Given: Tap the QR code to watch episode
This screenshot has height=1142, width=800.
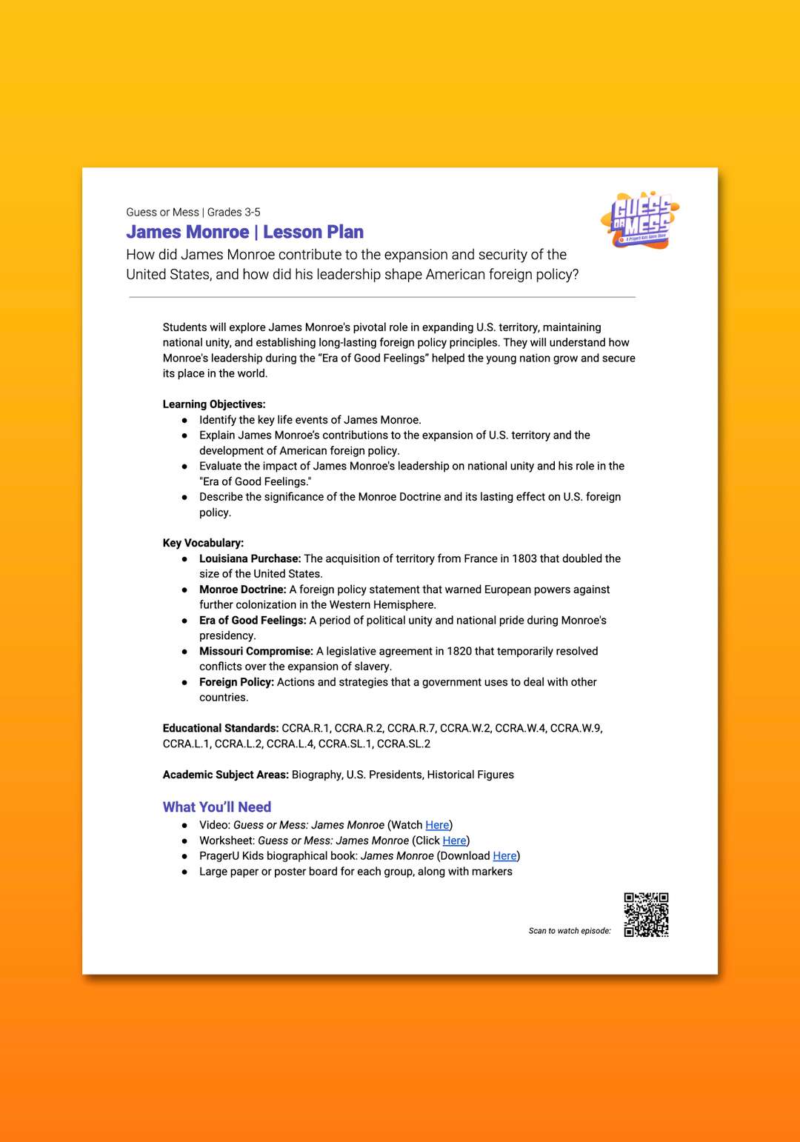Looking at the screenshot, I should click(646, 915).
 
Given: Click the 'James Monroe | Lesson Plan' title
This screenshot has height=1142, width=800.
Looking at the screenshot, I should click(244, 232).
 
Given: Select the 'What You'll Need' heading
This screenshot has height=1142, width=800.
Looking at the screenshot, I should click(217, 807).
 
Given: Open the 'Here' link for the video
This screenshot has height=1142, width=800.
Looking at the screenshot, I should click(437, 825).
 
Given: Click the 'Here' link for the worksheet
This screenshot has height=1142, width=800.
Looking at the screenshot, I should click(454, 841).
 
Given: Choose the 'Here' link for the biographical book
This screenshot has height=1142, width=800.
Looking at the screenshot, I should click(504, 856).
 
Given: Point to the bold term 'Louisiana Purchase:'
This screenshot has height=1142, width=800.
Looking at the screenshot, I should click(250, 558).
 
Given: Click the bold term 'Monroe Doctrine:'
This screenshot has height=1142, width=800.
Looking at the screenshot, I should click(242, 590).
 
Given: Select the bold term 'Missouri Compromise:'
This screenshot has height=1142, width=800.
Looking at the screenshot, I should click(256, 651).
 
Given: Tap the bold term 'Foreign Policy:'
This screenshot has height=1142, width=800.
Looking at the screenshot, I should click(236, 682).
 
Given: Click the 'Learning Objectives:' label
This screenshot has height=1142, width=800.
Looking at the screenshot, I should click(214, 404).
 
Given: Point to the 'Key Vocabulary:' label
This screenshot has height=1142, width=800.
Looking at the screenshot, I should click(203, 543).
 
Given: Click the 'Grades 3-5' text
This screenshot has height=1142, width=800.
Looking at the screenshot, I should click(233, 212).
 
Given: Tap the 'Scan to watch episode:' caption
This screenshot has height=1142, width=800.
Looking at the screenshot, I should click(570, 931).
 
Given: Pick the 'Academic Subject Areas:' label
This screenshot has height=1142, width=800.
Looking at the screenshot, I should click(225, 775).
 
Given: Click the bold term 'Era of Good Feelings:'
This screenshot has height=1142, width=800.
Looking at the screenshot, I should click(253, 621).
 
